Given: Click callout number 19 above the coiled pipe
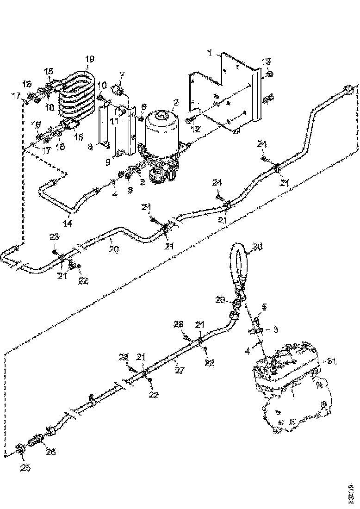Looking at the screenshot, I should click(x=90, y=59).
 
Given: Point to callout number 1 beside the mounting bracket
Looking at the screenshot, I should click(x=210, y=54).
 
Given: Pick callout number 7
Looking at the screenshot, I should click(x=122, y=75).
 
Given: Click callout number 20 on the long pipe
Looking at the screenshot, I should click(x=114, y=249).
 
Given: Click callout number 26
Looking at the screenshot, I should click(x=50, y=452).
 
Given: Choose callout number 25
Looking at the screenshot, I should click(x=25, y=467).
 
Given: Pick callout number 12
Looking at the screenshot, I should click(x=195, y=130).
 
